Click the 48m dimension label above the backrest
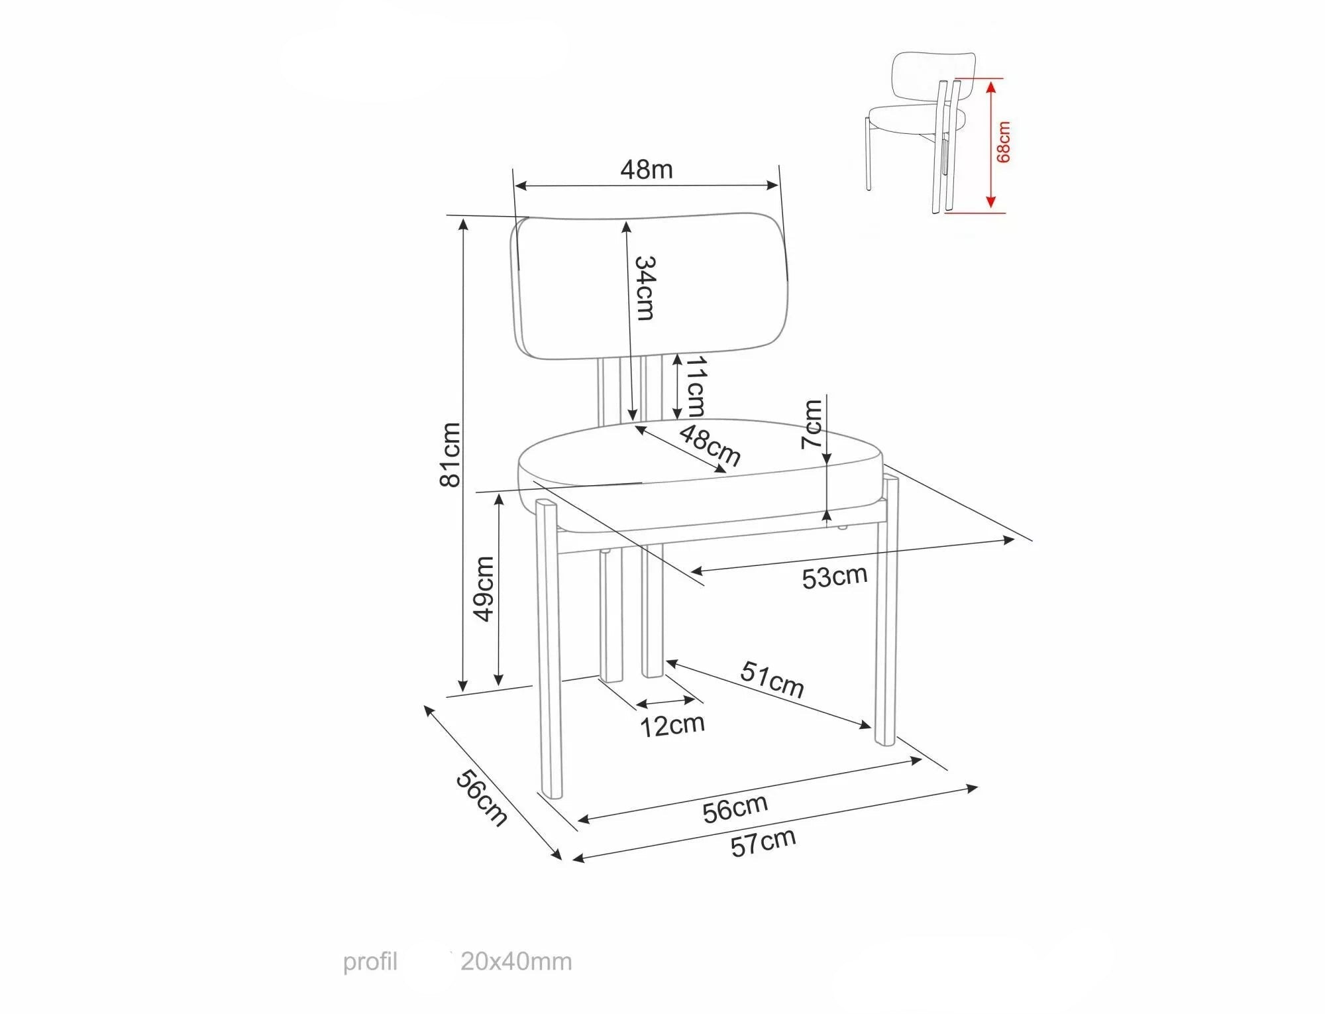click(646, 170)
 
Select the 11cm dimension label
click(694, 386)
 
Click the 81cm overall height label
click(450, 455)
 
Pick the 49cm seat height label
click(483, 589)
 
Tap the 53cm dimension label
click(834, 577)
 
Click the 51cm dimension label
click(772, 679)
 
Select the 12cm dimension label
click(672, 725)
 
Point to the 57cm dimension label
click(763, 842)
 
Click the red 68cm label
click(1003, 142)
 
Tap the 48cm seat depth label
click(710, 445)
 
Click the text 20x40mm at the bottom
click(516, 961)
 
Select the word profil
click(370, 962)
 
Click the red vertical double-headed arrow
click(990, 144)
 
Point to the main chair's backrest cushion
click(651, 286)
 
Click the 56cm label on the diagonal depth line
click(482, 798)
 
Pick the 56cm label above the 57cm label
click(735, 809)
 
